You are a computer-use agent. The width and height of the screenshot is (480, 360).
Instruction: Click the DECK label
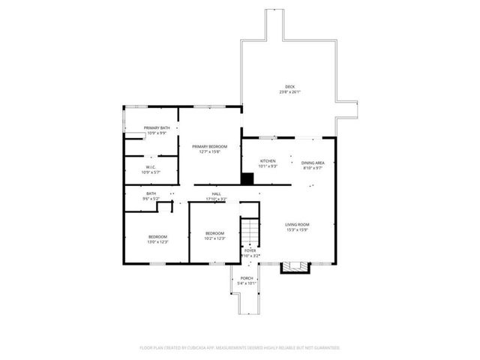pyautogui.click(x=289, y=88)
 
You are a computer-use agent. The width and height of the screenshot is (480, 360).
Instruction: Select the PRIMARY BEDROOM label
pyautogui.click(x=209, y=146)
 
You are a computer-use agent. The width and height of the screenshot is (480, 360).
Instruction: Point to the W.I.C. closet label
pyautogui.click(x=151, y=167)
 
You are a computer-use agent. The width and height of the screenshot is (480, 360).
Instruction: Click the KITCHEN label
pyautogui.click(x=268, y=161)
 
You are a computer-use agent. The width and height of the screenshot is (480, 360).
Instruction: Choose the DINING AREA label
pyautogui.click(x=313, y=163)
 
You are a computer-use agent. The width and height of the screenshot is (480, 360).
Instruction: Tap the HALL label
pyautogui.click(x=216, y=193)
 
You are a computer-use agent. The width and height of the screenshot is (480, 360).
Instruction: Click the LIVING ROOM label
pyautogui.click(x=297, y=224)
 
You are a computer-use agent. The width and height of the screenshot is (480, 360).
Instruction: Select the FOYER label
pyautogui.click(x=250, y=250)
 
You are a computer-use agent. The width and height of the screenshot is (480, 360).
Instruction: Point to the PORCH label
pyautogui.click(x=247, y=278)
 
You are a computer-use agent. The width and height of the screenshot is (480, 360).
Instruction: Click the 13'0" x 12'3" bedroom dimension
pyautogui.click(x=157, y=241)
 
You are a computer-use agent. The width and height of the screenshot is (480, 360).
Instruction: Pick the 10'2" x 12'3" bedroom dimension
pyautogui.click(x=215, y=238)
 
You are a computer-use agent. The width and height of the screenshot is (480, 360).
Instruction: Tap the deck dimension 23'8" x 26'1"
pyautogui.click(x=289, y=92)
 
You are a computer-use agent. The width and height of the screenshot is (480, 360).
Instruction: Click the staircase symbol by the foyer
pyautogui.click(x=249, y=231)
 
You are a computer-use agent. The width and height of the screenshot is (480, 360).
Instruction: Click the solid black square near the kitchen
pyautogui.click(x=247, y=178)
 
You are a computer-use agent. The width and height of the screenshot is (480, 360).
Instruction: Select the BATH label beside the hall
pyautogui.click(x=151, y=193)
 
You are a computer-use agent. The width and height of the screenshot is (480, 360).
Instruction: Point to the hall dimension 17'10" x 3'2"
pyautogui.click(x=216, y=198)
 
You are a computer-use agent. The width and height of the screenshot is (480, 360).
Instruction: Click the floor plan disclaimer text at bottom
pyautogui.click(x=240, y=348)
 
